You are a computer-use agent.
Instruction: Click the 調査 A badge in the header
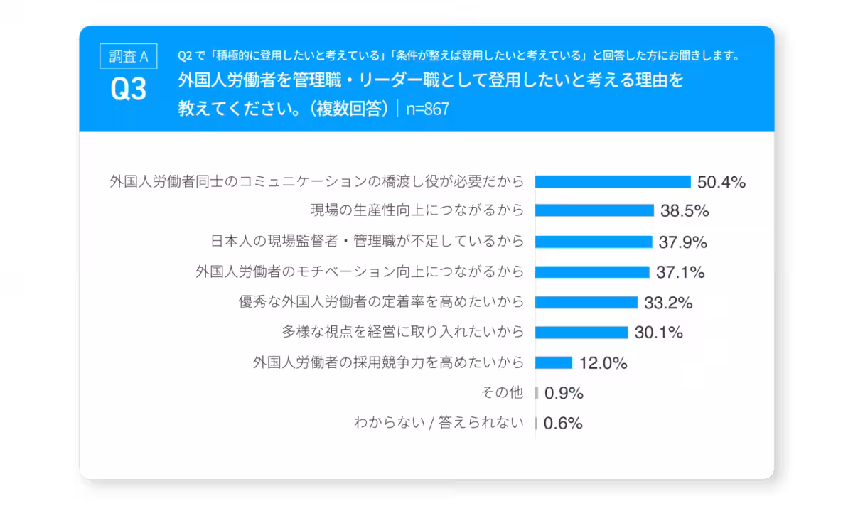129,56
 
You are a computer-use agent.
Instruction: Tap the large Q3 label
129,90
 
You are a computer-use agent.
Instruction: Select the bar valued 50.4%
613,182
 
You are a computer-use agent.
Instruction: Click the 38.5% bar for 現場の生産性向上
594,211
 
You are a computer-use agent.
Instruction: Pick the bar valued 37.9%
594,242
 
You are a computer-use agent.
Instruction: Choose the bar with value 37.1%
592,272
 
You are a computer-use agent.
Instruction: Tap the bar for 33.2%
586,303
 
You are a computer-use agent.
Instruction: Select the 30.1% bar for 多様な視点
581,333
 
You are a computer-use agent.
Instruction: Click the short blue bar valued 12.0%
554,363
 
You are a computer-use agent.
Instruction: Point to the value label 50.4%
721,182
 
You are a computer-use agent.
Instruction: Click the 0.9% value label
563,393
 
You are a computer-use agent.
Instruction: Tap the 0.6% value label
563,424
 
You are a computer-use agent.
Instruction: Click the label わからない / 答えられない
439,424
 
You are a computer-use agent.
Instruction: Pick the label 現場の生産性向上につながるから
417,211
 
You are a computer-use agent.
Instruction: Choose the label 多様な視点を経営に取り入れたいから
403,333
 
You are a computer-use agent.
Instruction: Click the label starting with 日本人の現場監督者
368,242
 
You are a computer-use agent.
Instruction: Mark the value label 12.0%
603,363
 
